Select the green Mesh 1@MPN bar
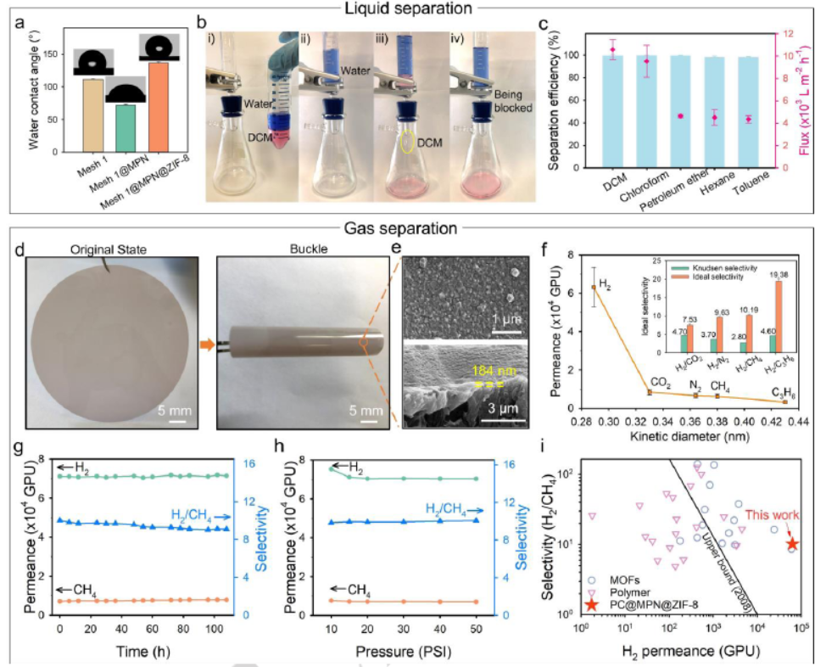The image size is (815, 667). click(x=126, y=128)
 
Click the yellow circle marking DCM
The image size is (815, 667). click(x=408, y=141)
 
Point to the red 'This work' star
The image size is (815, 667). click(x=791, y=544)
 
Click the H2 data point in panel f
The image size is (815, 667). click(x=594, y=287)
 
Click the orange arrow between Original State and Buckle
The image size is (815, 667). click(x=206, y=344)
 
